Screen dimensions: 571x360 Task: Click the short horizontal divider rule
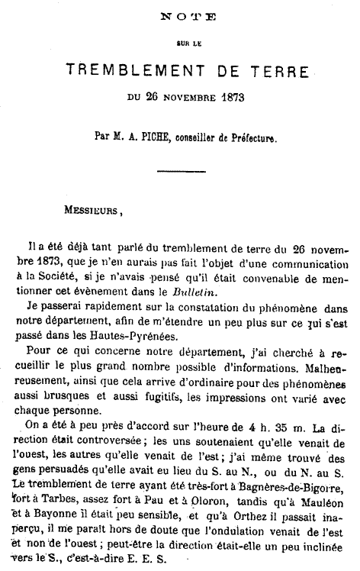pos(181,171)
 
